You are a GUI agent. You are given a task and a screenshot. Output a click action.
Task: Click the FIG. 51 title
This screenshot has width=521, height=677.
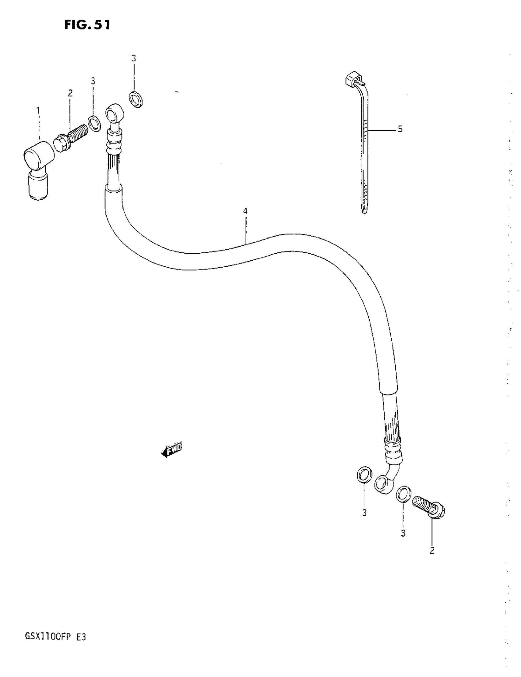click(x=87, y=25)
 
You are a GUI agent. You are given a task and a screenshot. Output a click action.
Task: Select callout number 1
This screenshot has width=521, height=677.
click(x=38, y=110)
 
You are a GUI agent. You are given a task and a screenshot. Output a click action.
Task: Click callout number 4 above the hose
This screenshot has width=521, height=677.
click(x=245, y=211)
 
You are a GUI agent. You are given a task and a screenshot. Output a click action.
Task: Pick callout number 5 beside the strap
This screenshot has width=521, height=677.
click(x=400, y=129)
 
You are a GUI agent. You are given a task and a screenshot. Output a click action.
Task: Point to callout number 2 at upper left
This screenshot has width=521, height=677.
click(x=70, y=93)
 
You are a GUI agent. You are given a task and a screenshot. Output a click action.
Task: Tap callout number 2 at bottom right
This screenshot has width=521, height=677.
click(x=432, y=551)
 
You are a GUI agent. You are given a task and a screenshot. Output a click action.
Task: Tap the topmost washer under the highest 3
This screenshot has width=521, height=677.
click(x=136, y=99)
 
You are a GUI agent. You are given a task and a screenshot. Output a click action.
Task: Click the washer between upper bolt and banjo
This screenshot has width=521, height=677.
click(x=94, y=123)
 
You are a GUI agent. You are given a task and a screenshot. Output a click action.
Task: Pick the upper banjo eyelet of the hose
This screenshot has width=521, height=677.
click(x=114, y=113)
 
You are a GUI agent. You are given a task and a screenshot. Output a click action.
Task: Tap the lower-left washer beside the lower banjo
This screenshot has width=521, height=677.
click(x=364, y=474)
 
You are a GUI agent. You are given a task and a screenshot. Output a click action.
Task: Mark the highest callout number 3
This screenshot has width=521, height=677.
click(x=134, y=58)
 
